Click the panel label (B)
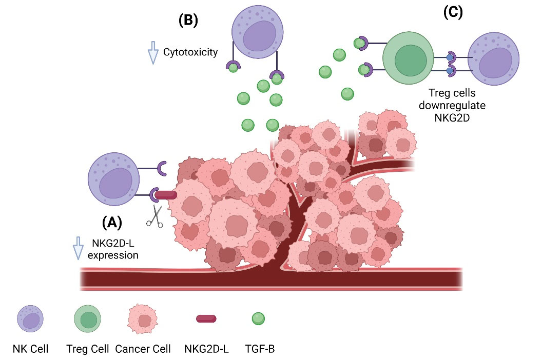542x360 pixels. pos(188,21)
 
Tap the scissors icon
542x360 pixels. pos(154,216)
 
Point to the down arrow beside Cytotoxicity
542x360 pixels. pos(152,54)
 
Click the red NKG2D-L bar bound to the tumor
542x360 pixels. pos(165,195)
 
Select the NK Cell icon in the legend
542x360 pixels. pos(31,318)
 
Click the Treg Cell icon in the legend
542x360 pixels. pos(88,319)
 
